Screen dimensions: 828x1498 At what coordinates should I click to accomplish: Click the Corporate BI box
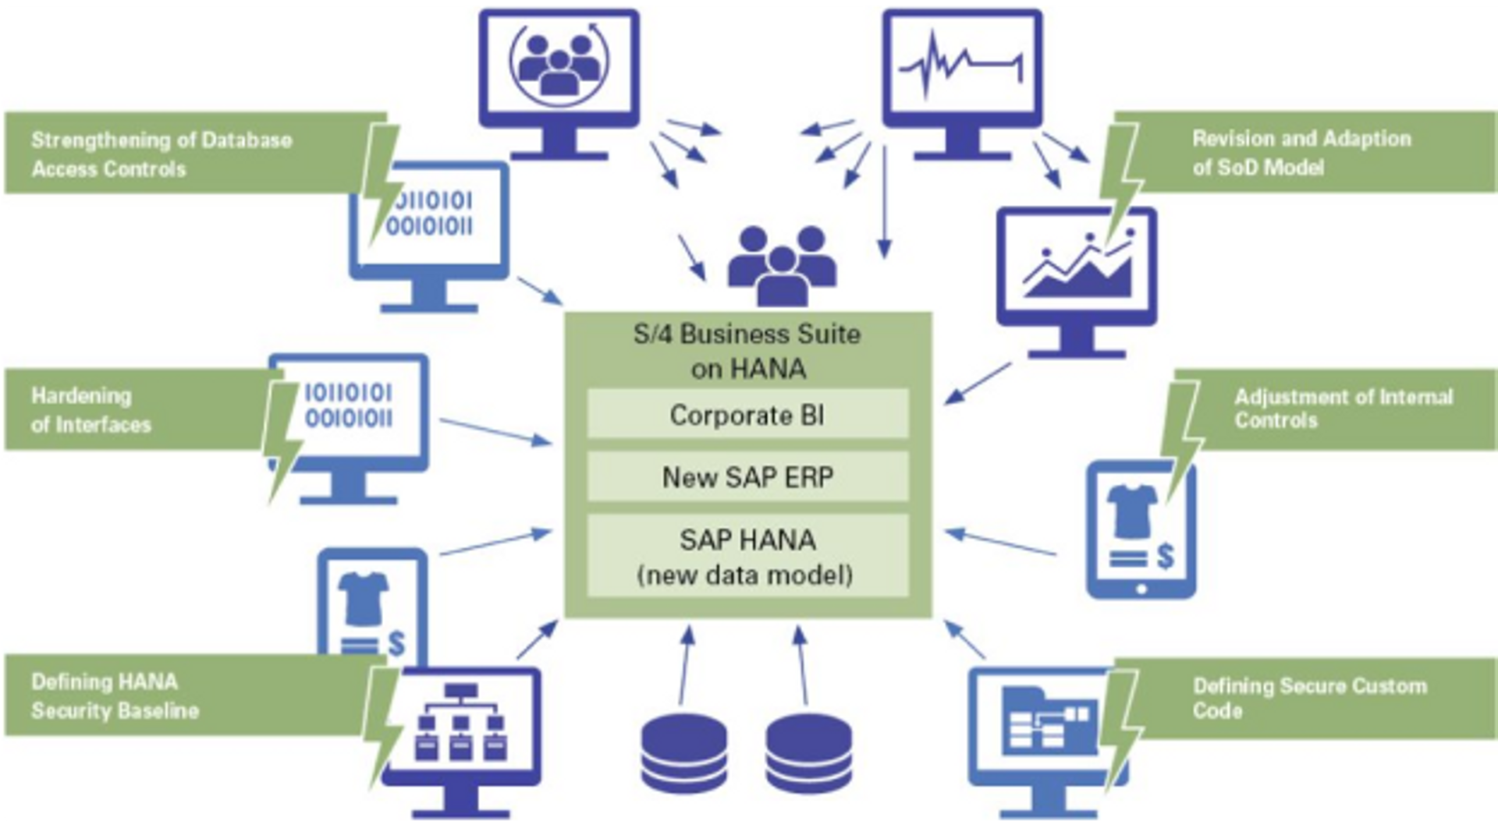[x=747, y=415]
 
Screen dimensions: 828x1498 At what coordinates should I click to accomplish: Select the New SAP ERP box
[x=747, y=476]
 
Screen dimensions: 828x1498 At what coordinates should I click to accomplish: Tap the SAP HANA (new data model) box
[x=747, y=556]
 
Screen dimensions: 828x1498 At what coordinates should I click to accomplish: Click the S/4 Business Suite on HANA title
[x=747, y=351]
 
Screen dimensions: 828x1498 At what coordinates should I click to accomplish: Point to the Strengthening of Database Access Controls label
[x=162, y=154]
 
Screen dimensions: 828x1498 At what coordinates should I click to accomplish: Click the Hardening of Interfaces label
[x=91, y=409]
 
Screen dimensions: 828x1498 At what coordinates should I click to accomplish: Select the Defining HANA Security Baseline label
[x=115, y=695]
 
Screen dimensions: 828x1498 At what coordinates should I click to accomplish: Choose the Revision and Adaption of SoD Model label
[x=1301, y=152]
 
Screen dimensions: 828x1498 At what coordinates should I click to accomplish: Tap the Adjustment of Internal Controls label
[x=1342, y=409]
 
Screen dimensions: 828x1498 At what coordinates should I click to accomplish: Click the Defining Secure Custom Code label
[x=1309, y=697]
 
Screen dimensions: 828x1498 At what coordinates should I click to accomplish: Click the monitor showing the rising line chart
[x=1077, y=269]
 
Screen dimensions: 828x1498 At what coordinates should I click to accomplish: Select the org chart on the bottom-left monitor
[x=460, y=721]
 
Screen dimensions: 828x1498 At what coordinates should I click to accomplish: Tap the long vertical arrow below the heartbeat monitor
[x=884, y=203]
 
